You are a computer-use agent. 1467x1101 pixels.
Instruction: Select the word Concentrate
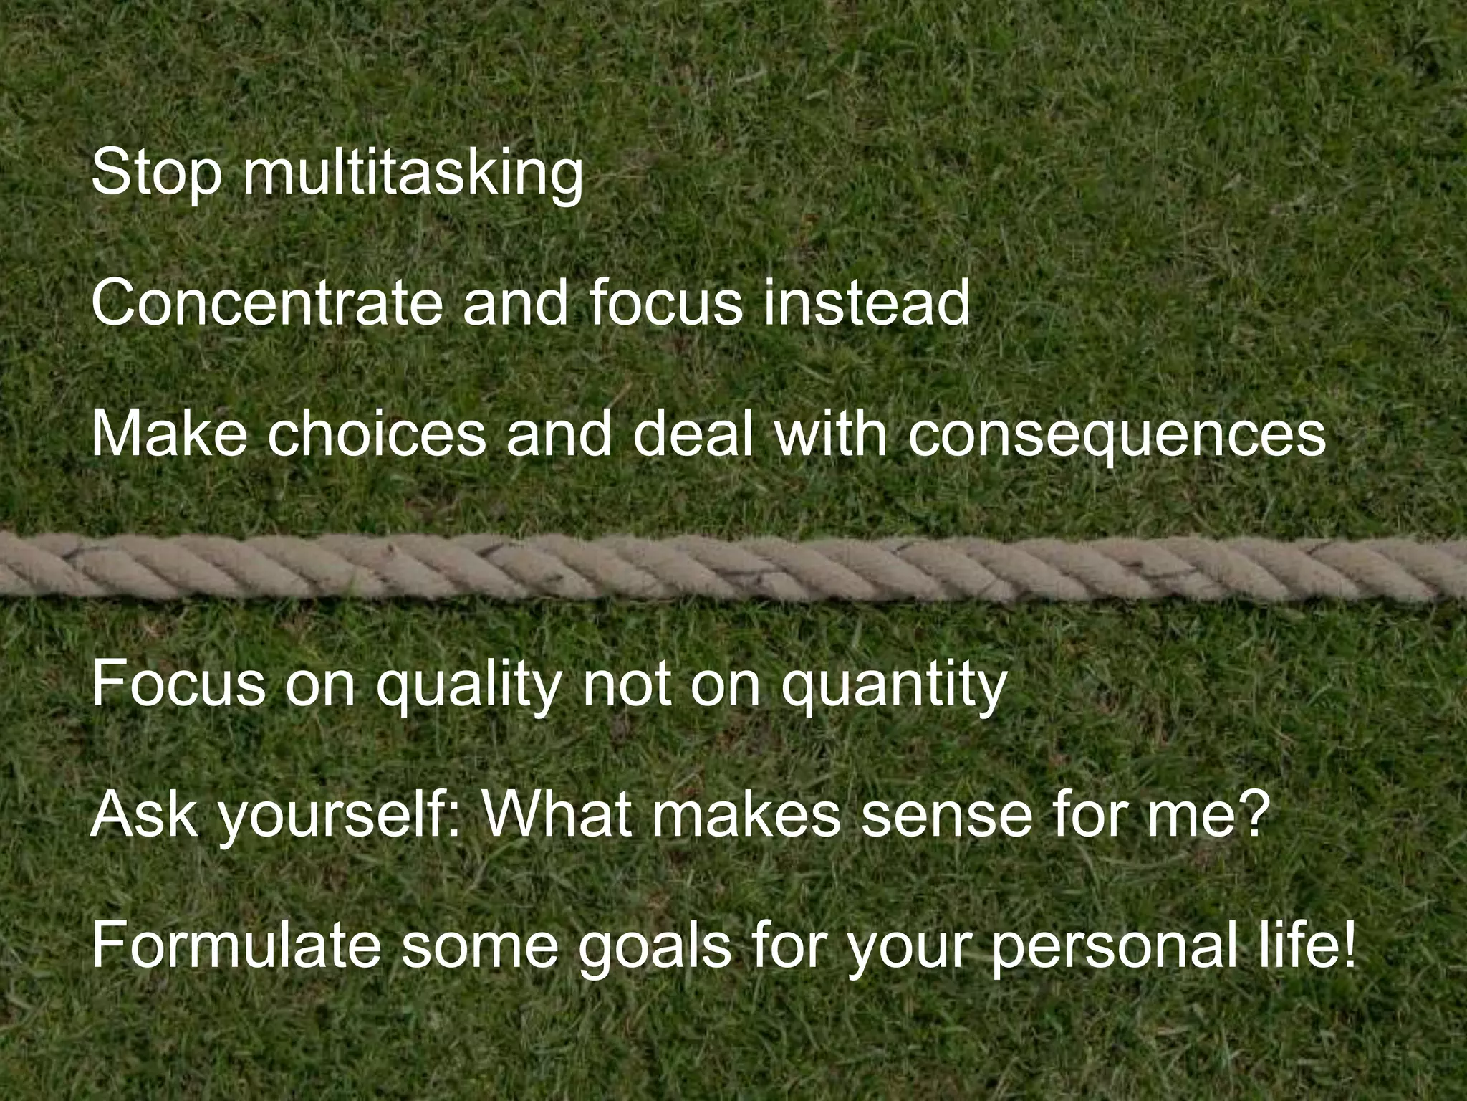(x=266, y=303)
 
